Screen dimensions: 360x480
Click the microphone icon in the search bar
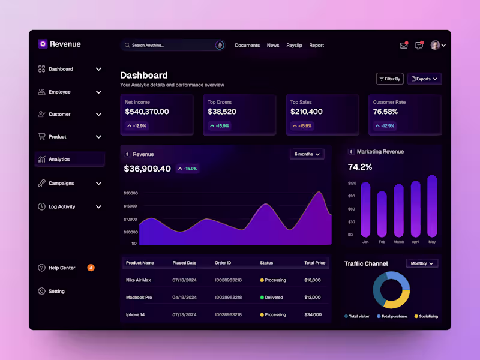[x=220, y=45]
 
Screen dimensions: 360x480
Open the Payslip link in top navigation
[x=294, y=46]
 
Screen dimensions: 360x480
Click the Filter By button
[x=389, y=79]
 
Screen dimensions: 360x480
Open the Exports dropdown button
[x=424, y=79]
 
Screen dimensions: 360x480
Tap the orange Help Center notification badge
[x=91, y=268]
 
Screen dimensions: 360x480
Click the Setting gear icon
[x=41, y=292]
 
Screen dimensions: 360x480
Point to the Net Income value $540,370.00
[x=147, y=112]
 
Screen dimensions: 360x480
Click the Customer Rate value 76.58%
[x=385, y=112]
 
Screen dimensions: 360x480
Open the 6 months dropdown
[x=307, y=154]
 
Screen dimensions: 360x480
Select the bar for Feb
[x=382, y=214]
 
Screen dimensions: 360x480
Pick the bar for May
[x=432, y=206]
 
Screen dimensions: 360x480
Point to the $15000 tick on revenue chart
[x=130, y=206]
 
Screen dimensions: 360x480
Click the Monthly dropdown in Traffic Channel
[x=422, y=263]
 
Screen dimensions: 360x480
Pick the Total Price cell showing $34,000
[x=313, y=314]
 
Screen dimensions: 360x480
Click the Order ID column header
[x=223, y=263]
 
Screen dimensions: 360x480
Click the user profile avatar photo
[x=435, y=45]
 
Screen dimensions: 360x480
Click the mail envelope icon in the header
[x=403, y=46]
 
